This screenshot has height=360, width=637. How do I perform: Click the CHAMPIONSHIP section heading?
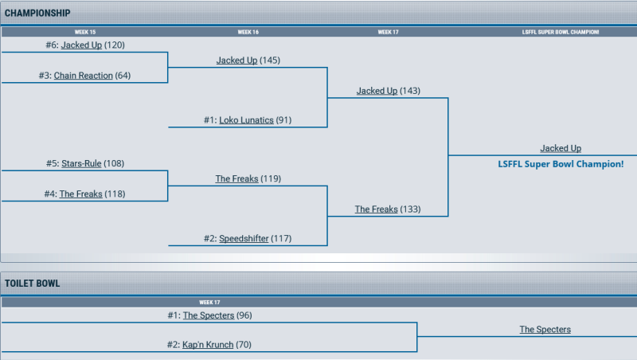click(37, 13)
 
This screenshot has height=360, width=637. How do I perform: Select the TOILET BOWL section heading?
click(32, 284)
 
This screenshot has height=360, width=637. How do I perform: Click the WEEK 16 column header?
click(248, 33)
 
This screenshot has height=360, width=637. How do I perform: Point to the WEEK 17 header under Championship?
click(388, 33)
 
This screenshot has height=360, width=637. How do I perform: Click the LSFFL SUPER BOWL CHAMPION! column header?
click(561, 33)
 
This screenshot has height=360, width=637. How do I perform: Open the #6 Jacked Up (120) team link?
click(81, 45)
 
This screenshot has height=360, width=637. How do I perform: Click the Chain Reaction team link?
click(84, 76)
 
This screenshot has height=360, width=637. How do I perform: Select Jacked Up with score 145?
click(236, 61)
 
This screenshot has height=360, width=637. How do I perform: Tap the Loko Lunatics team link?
click(246, 120)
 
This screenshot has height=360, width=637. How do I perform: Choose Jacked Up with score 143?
click(377, 91)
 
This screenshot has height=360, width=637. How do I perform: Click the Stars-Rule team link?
click(81, 163)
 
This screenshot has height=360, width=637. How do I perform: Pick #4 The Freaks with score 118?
click(80, 194)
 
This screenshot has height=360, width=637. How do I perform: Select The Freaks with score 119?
click(236, 178)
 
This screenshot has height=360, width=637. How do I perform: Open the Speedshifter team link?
click(244, 238)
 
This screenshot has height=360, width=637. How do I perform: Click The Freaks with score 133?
click(376, 209)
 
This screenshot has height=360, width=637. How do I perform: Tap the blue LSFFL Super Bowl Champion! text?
click(561, 163)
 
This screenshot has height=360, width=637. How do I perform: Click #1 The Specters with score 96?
click(209, 315)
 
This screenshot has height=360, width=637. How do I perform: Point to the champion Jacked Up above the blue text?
click(561, 148)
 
